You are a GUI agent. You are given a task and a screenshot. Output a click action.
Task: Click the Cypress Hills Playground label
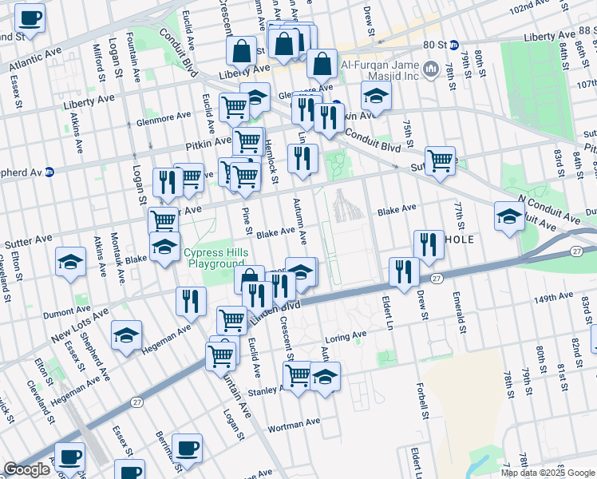point(213,258)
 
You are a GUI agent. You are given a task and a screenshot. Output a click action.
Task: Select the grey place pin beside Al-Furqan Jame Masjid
point(432,69)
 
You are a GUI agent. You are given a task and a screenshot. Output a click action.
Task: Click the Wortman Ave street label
point(293,422)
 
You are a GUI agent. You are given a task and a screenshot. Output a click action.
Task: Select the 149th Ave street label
point(553,297)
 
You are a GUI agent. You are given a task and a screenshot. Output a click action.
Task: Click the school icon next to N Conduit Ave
point(509,216)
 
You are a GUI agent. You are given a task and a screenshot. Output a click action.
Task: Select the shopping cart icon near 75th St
point(440,160)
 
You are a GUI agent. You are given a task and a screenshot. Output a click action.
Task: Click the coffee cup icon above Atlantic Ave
point(30,18)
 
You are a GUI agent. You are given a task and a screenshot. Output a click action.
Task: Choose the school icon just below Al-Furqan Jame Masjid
point(376,96)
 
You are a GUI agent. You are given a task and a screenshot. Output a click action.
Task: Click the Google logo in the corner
point(26,469)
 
